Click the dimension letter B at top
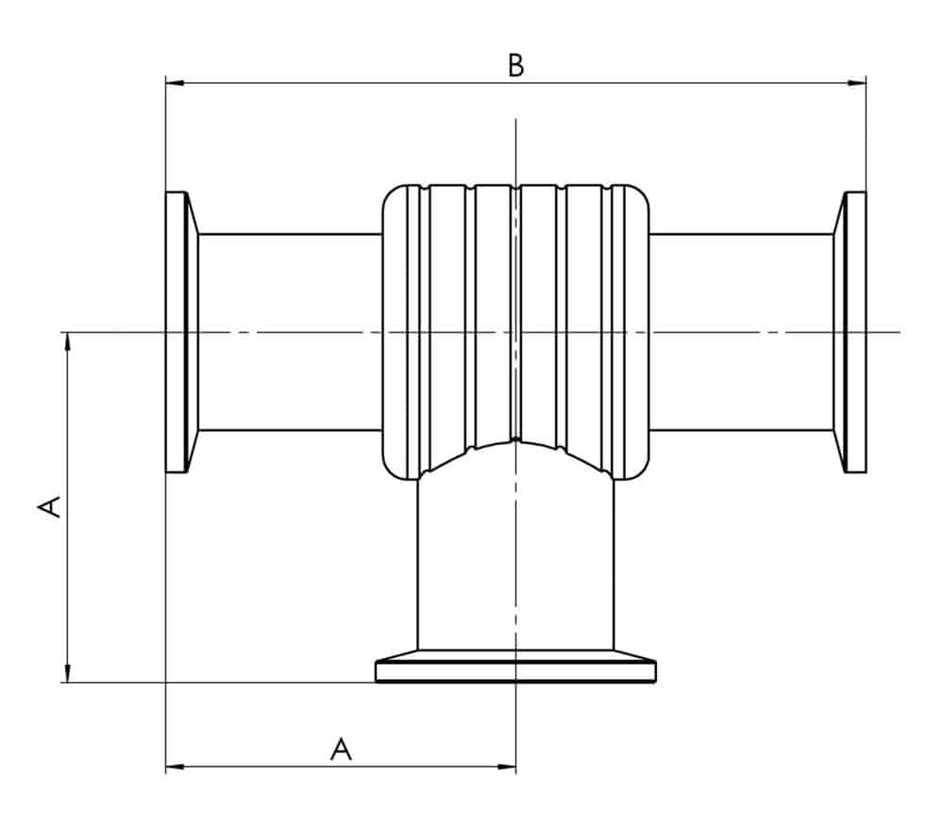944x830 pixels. point(515,66)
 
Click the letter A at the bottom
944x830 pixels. point(341,750)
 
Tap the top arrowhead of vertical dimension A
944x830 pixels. point(67,341)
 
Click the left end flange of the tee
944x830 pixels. point(177,331)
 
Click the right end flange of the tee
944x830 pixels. point(854,331)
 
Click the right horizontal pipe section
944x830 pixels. point(741,331)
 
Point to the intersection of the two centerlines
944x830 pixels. point(515,331)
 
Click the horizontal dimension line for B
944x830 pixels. point(378,83)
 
